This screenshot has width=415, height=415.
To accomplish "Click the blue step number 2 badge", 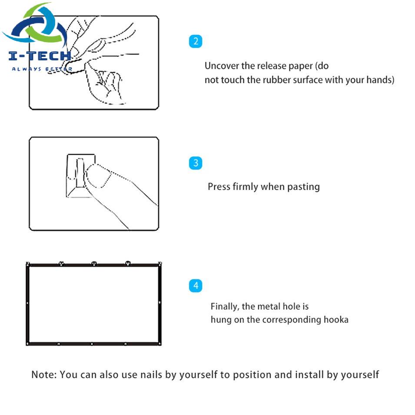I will point(196,42).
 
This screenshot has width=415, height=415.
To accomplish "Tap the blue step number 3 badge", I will point(196,163).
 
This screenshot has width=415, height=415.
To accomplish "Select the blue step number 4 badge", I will point(196,286).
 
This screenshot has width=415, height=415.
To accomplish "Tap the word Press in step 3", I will point(219,187).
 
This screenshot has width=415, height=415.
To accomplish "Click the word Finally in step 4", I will point(225,306).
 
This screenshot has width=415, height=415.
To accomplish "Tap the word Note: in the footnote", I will point(44,374).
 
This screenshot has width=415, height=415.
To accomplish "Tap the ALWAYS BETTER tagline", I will point(42,69).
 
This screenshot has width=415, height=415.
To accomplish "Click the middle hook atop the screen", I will point(94,263).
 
